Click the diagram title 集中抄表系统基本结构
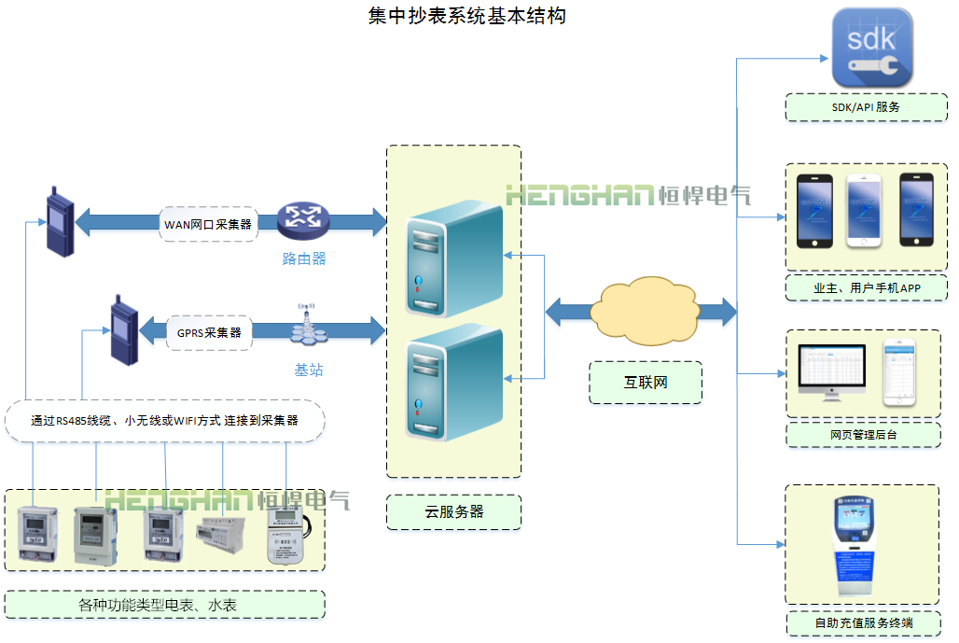[x=466, y=16]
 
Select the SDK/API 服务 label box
[x=866, y=106]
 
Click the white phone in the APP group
[x=863, y=211]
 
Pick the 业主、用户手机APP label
[x=866, y=288]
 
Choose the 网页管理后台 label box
[x=864, y=434]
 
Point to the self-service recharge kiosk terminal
[x=853, y=545]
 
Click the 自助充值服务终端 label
[x=864, y=622]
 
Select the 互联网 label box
[x=646, y=383]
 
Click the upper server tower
[x=454, y=258]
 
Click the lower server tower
[x=454, y=382]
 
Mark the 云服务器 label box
[x=453, y=511]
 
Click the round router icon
[x=303, y=219]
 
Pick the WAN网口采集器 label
[x=208, y=224]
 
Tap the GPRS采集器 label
[x=209, y=332]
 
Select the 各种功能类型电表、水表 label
[x=164, y=605]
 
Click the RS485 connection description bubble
[x=164, y=421]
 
